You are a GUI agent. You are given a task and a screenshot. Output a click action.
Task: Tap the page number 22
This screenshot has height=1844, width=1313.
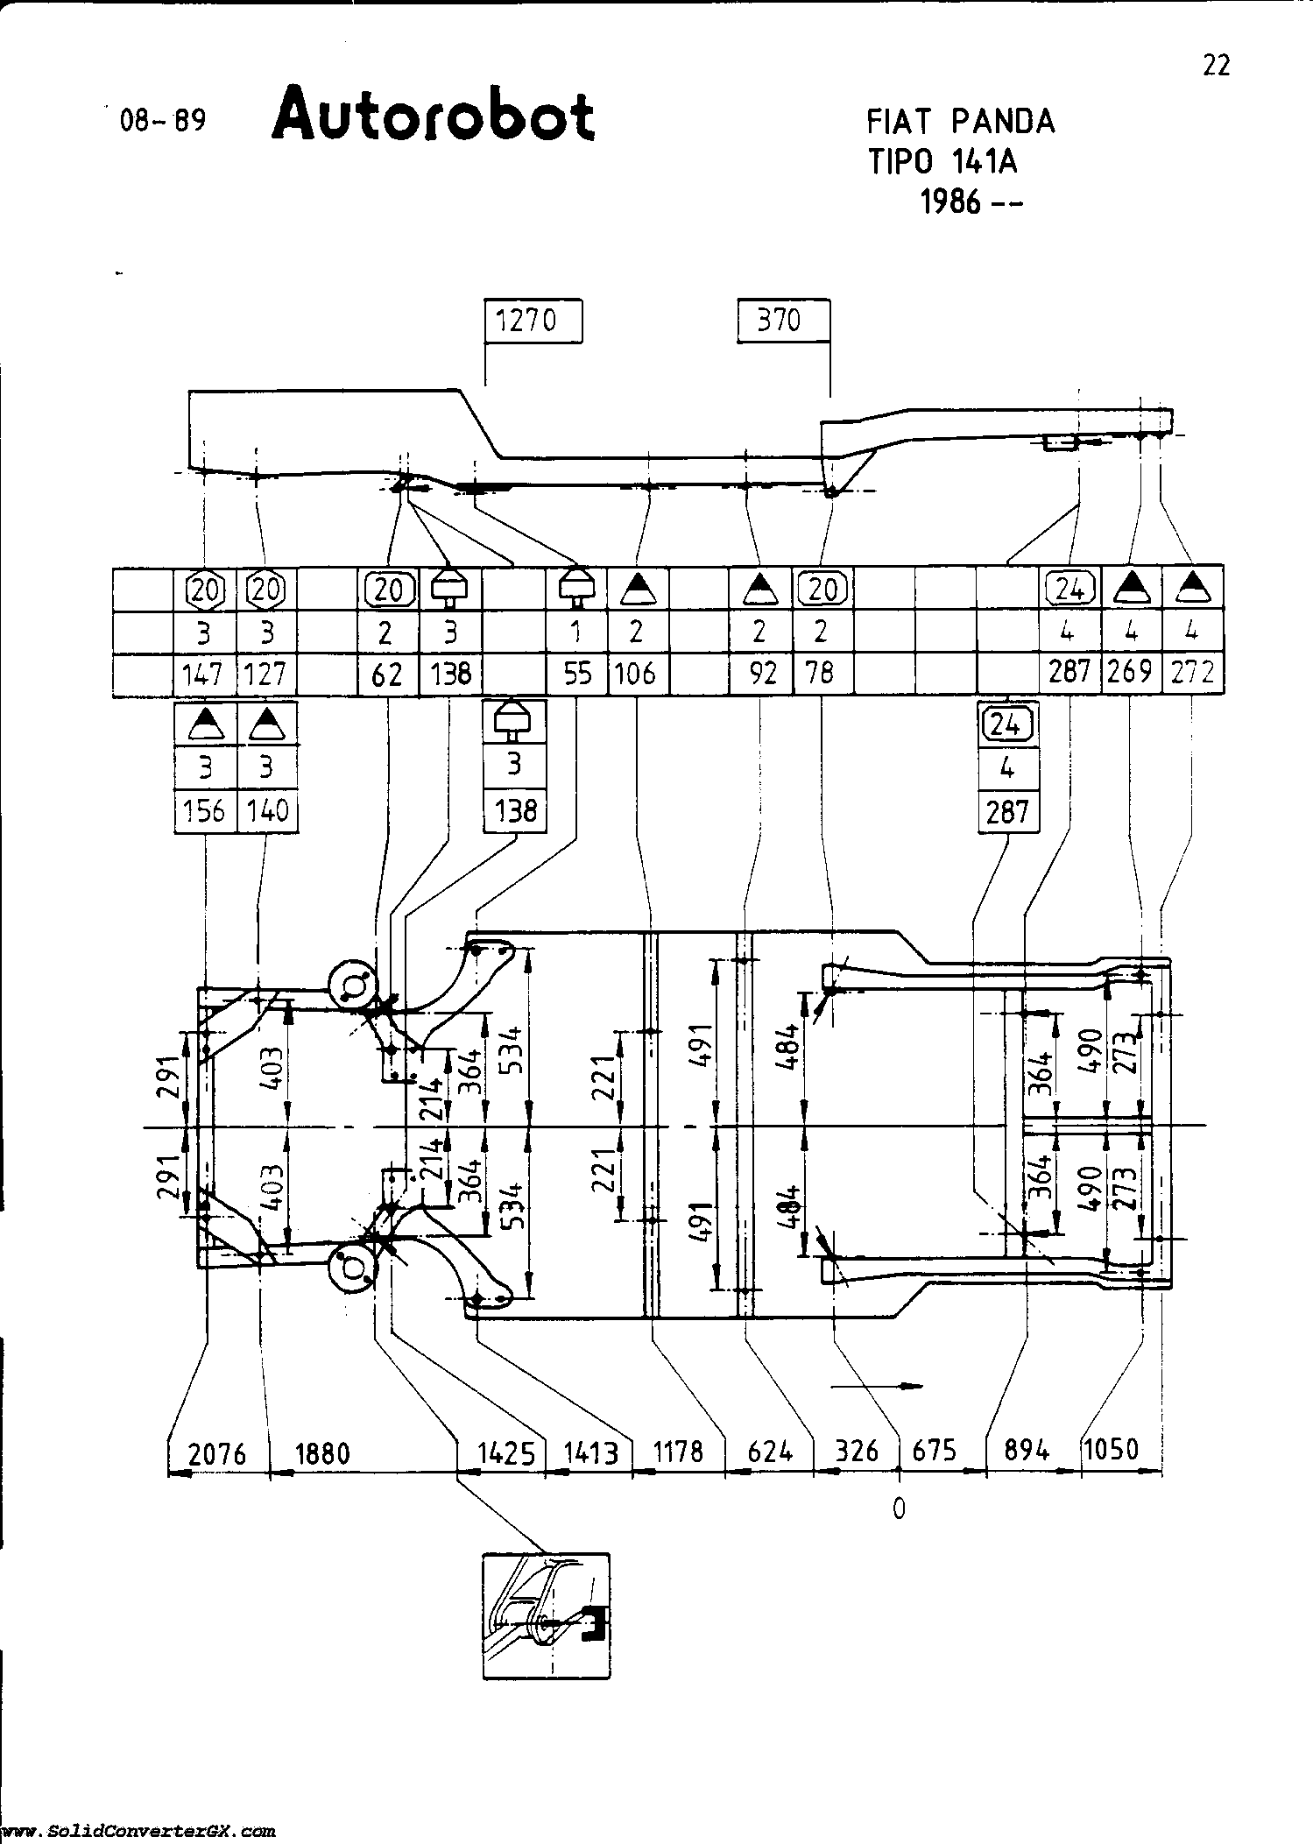coord(1216,66)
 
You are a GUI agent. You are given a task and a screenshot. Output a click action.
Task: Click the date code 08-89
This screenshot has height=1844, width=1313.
coord(164,120)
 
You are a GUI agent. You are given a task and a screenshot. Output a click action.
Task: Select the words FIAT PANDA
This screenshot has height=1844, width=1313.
coord(961,121)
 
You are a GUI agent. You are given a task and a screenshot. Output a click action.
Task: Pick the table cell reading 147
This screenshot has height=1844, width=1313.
coord(203,674)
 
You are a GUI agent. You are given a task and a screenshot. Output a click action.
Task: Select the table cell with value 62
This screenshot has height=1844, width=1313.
coord(387,674)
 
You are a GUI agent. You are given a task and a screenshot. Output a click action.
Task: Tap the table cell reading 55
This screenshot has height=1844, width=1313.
coord(576,674)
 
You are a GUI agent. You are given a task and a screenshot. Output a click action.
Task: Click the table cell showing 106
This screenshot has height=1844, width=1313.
coord(636,674)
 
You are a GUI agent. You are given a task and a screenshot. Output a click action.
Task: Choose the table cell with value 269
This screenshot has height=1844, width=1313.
coord(1130,673)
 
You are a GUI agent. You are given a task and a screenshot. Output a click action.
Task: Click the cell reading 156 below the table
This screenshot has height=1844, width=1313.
coord(204,810)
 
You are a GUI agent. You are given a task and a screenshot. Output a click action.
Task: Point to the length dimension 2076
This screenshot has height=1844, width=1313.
coord(217,1453)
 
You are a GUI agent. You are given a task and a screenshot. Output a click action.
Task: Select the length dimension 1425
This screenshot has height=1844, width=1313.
coord(505,1453)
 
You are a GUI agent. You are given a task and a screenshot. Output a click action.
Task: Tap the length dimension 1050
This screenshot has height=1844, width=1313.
coord(1111,1450)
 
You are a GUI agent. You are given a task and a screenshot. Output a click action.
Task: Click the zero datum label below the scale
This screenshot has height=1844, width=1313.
coord(899,1508)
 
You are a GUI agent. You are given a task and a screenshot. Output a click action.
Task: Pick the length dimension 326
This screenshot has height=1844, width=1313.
coord(857,1452)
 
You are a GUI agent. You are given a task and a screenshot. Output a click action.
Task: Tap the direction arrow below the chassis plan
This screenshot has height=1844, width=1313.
coord(877,1386)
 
